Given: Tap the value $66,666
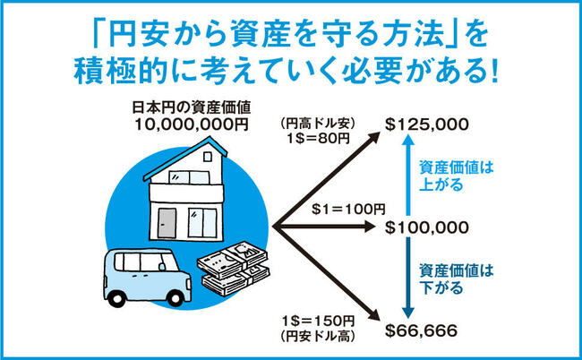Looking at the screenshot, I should click(x=421, y=330).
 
